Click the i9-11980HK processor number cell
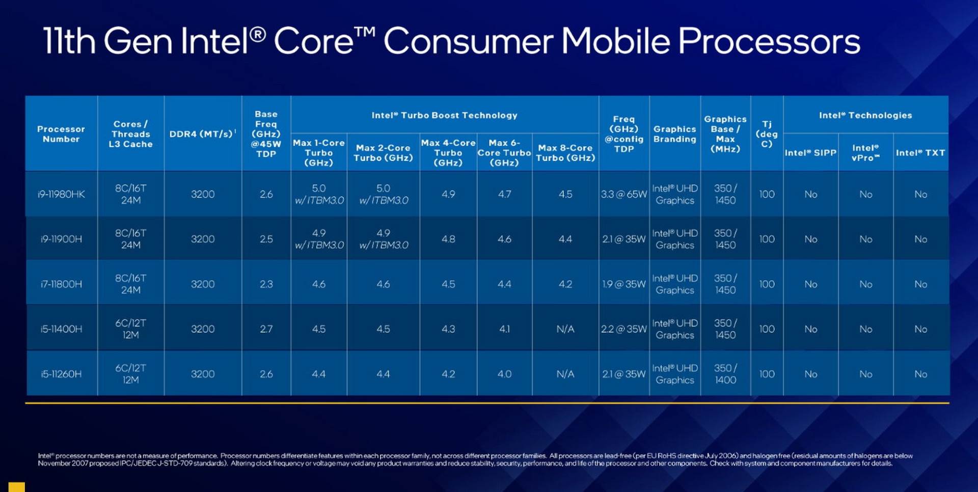(61, 194)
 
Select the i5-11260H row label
(61, 374)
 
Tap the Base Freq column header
(266, 133)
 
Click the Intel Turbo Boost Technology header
(444, 115)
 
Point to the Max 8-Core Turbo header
(565, 153)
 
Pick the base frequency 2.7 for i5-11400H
(266, 329)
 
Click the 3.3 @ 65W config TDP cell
(623, 194)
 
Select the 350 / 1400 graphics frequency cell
(725, 374)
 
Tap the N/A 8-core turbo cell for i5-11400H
(565, 329)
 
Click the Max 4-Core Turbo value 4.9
(448, 194)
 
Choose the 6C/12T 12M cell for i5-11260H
(130, 374)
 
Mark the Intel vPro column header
(865, 152)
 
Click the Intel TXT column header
(920, 152)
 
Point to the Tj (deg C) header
(767, 133)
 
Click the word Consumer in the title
(468, 41)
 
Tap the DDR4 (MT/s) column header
(202, 133)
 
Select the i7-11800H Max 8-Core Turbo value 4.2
(565, 284)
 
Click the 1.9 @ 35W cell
(623, 284)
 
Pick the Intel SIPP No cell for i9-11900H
(810, 239)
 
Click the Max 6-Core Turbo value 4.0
(504, 374)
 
